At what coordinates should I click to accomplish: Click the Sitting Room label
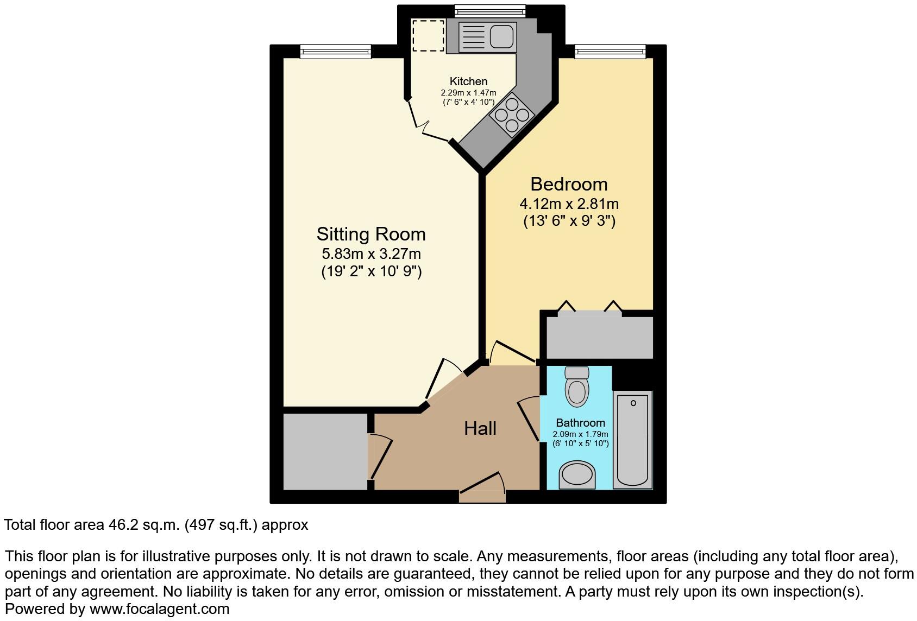point(371,235)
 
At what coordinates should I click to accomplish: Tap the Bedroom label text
point(569,185)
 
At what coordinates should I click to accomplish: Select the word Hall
point(480,429)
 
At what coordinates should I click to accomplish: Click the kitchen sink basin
point(501,37)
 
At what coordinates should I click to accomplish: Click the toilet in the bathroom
point(576,387)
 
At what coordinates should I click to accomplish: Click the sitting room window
point(335,52)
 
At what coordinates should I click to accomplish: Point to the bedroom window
point(610,52)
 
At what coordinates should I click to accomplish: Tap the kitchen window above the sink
point(490,11)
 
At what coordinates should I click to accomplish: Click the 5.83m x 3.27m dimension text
point(371,254)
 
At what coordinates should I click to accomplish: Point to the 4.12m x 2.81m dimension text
point(569,204)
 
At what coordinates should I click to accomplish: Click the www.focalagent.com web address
point(159,609)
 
